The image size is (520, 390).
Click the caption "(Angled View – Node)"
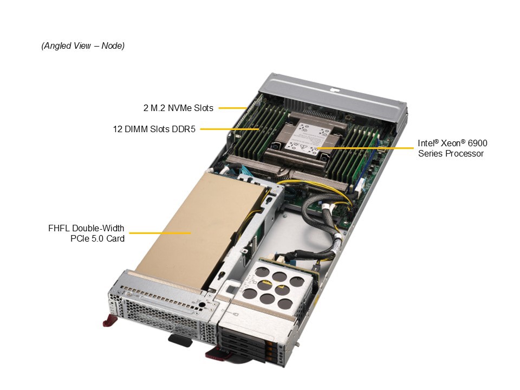click(x=83, y=45)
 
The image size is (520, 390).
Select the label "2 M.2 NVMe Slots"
click(x=178, y=108)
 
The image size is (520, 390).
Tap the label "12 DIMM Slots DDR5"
click(x=154, y=129)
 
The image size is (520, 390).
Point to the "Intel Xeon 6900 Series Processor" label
click(x=452, y=148)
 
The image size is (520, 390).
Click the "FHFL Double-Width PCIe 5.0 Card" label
click(x=86, y=233)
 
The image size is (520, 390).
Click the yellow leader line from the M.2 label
click(x=232, y=108)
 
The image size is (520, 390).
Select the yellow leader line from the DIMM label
click(x=230, y=129)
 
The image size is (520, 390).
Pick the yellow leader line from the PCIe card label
click(x=160, y=233)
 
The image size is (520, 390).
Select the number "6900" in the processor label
click(x=477, y=143)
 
